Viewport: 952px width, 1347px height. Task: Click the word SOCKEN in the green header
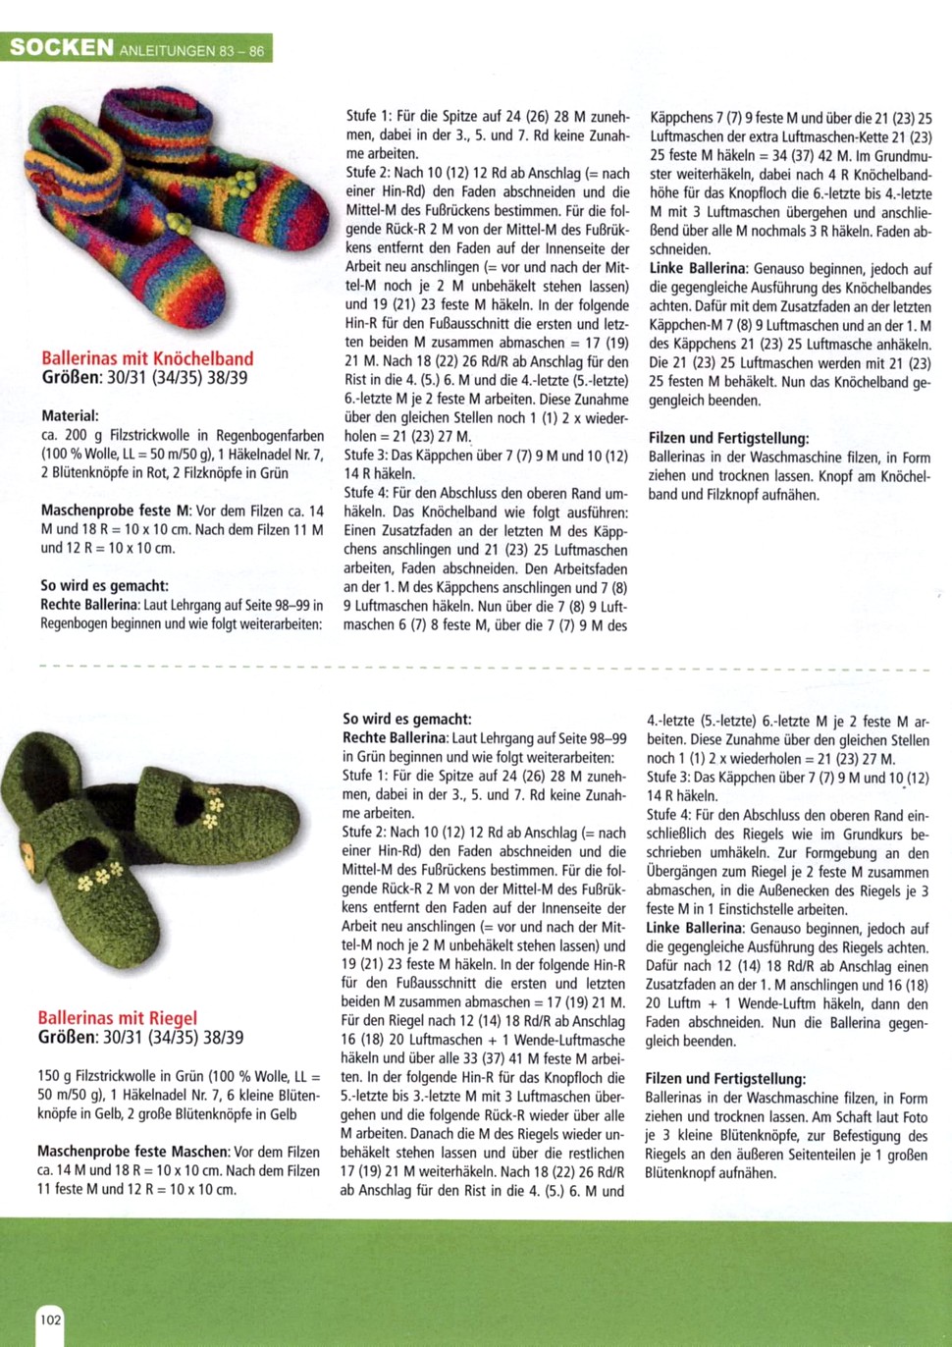61,48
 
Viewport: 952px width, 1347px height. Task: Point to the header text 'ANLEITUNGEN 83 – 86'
191,50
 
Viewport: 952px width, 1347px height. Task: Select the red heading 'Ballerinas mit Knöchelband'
147,358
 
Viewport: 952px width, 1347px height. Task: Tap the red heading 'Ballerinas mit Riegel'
118,1018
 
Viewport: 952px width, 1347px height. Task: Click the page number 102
50,1319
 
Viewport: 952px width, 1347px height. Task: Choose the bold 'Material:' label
70,415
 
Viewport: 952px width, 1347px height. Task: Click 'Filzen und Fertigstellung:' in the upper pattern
728,438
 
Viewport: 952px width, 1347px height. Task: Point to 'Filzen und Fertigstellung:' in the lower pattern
724,1079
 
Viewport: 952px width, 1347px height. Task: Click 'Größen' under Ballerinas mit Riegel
67,1037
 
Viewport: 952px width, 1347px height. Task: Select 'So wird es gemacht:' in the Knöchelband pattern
104,585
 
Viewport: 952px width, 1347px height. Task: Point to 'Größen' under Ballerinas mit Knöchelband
71,377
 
